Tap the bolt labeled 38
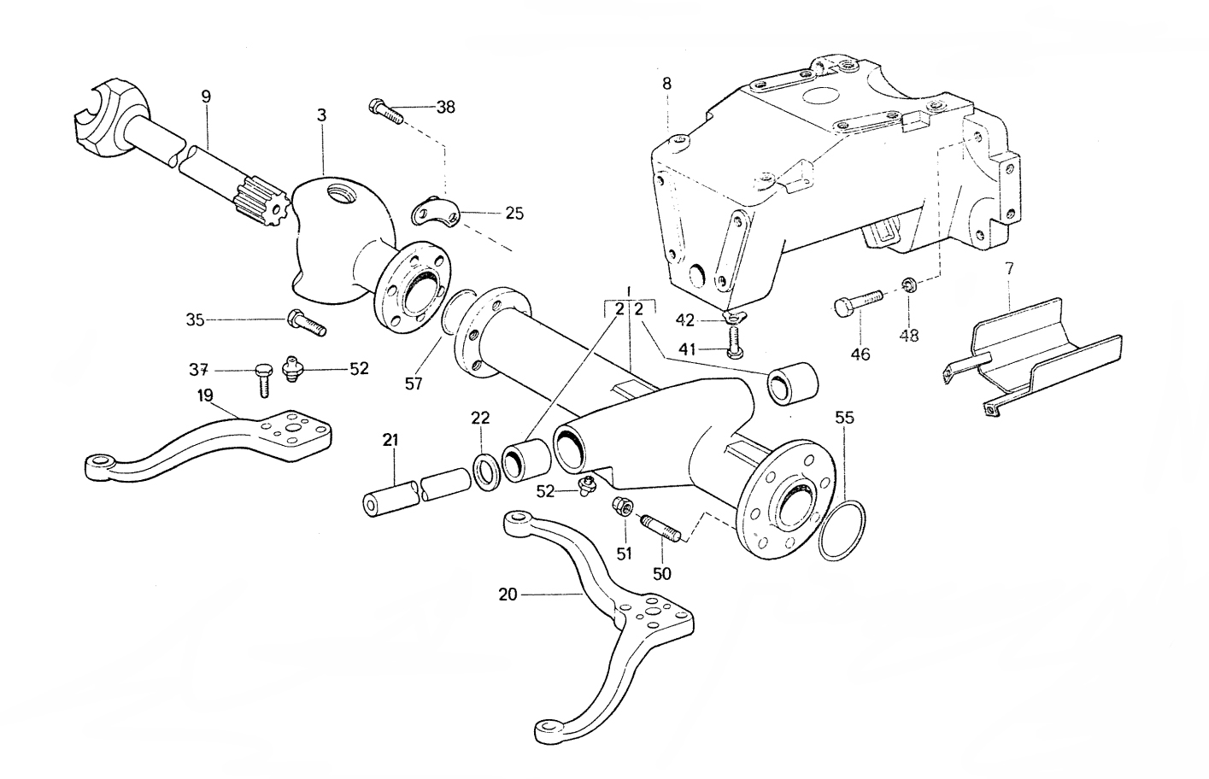pyautogui.click(x=385, y=111)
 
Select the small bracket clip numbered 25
pyautogui.click(x=435, y=213)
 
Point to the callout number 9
pyautogui.click(x=206, y=97)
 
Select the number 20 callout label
pyautogui.click(x=508, y=594)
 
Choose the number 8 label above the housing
pyautogui.click(x=666, y=84)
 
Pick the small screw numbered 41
pyautogui.click(x=733, y=348)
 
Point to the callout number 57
pyautogui.click(x=414, y=384)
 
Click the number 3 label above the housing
pyautogui.click(x=321, y=114)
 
